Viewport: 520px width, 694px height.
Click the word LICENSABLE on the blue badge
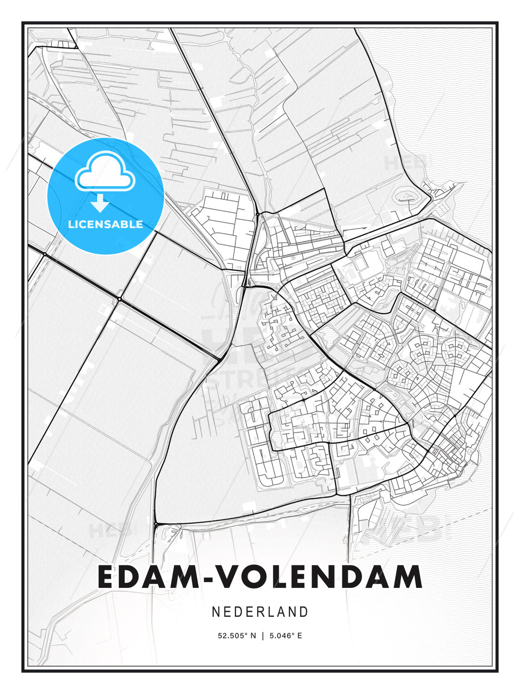pyautogui.click(x=105, y=224)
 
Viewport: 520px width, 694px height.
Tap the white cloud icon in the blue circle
pyautogui.click(x=104, y=171)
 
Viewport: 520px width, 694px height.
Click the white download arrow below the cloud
pyautogui.click(x=100, y=203)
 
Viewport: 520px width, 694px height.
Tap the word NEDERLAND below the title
pyautogui.click(x=260, y=612)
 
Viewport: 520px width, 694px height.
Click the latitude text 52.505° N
pyautogui.click(x=237, y=636)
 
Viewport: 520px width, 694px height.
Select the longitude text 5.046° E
pyautogui.click(x=286, y=636)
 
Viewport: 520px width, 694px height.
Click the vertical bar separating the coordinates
pyautogui.click(x=262, y=636)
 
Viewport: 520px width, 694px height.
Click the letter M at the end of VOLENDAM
pyautogui.click(x=407, y=576)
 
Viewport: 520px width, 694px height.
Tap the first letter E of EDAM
pyautogui.click(x=107, y=576)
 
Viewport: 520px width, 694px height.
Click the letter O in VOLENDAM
pyautogui.click(x=254, y=576)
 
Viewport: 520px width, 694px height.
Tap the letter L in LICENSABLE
pyautogui.click(x=71, y=224)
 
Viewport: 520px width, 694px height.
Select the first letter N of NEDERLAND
pyautogui.click(x=216, y=612)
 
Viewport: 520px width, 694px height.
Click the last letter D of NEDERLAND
pyautogui.click(x=304, y=612)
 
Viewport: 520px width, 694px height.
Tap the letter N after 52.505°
pyautogui.click(x=254, y=636)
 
